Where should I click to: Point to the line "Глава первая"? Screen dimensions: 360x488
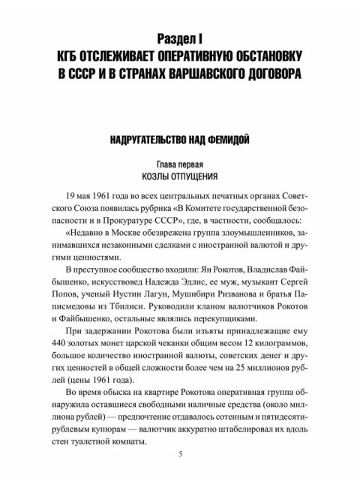pyautogui.click(x=179, y=163)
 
